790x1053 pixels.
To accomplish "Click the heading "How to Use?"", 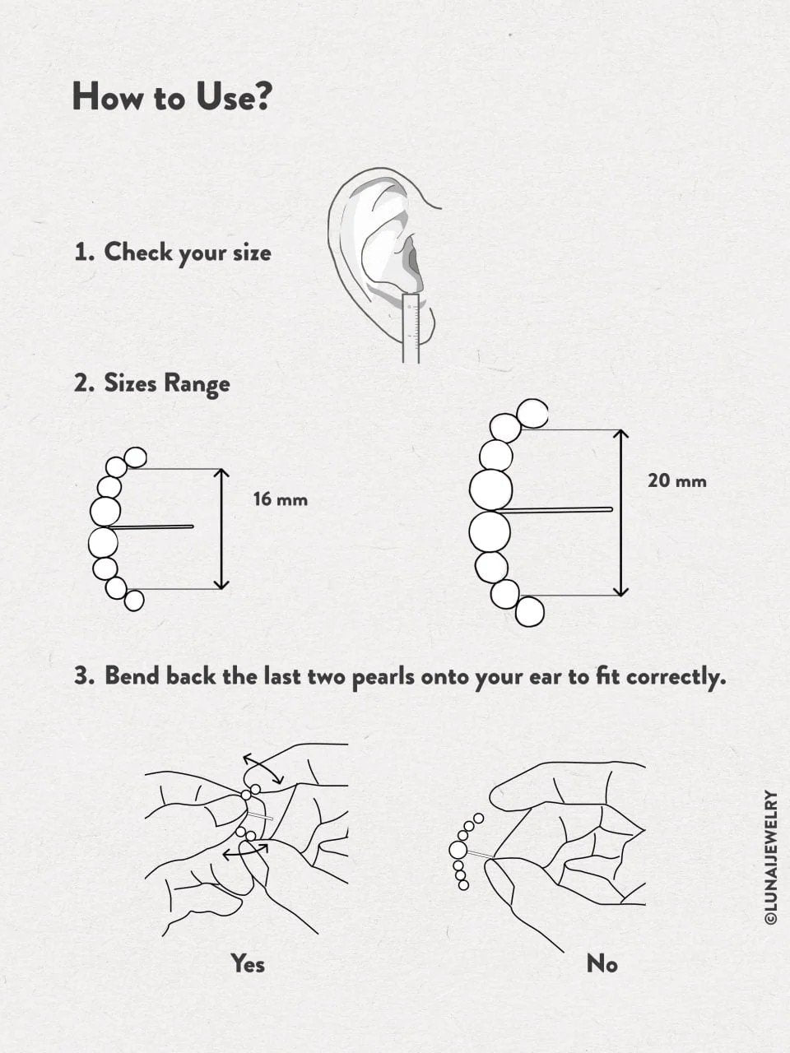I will coord(171,97).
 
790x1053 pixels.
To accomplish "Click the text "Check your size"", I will coord(187,253).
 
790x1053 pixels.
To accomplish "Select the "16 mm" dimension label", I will coord(280,499).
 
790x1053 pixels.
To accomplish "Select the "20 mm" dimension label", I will coord(676,481).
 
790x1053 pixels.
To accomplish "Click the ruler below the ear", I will coord(411,327).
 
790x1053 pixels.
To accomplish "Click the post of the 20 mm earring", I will coord(560,510).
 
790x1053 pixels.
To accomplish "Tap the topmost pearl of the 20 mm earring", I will coord(532,413).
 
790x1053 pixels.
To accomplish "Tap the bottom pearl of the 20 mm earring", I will coord(529,611).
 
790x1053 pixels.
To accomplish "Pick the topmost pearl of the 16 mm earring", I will coord(135,457).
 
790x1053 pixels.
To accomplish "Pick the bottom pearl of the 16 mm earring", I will coord(134,601).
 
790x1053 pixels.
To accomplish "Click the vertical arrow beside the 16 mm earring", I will coord(221,529).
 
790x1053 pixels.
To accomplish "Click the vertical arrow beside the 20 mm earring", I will coord(621,512).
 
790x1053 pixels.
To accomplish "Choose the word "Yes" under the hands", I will coord(248,963).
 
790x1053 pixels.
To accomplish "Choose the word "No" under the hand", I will coord(602,963).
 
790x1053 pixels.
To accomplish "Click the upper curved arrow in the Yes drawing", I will coord(263,768).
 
